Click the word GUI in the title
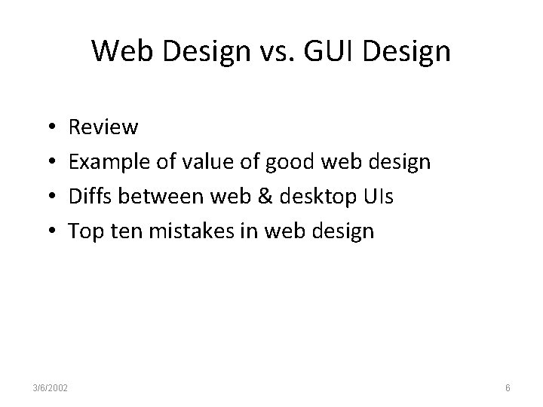coord(331,52)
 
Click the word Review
coord(103,127)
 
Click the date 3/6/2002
coord(51,387)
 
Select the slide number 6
coord(508,387)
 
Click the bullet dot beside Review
coord(48,128)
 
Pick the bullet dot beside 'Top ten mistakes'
coord(48,231)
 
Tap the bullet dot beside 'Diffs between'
coord(48,197)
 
